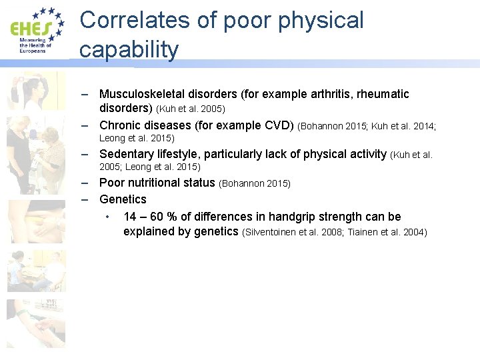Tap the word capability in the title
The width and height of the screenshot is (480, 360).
(129, 49)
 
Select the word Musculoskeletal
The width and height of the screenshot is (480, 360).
(147, 94)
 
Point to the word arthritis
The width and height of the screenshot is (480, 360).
(311, 94)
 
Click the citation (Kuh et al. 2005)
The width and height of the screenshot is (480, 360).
(190, 109)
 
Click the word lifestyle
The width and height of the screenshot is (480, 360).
(176, 155)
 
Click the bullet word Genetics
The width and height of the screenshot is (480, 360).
(123, 199)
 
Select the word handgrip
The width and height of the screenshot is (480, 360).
(291, 217)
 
